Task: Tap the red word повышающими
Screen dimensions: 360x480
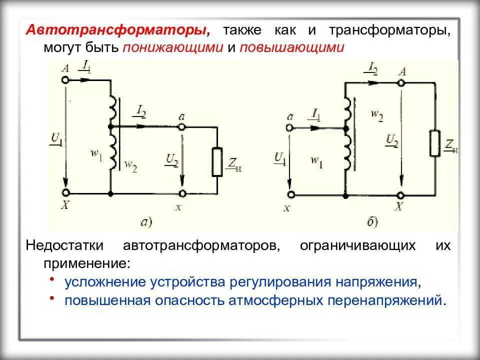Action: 292,47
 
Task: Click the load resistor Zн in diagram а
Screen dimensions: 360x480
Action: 217,161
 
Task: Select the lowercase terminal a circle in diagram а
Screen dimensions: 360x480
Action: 182,127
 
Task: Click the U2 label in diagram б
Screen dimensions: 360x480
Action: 391,141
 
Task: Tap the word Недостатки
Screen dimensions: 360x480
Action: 65,245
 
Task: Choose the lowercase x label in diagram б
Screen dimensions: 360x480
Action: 286,209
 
